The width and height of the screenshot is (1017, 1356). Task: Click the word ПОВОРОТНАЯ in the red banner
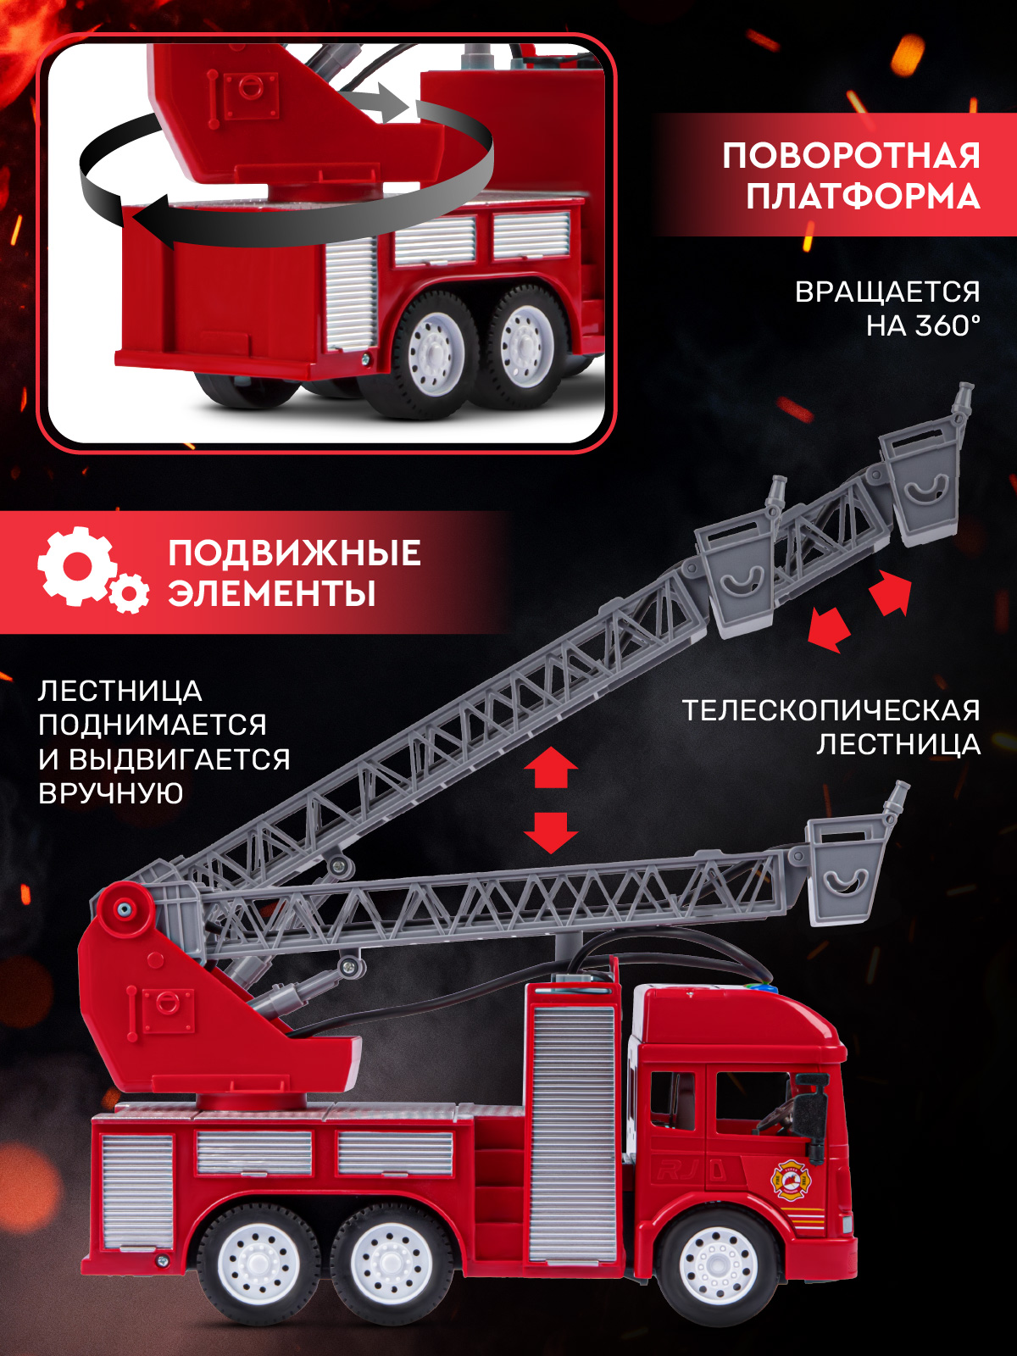pyautogui.click(x=851, y=156)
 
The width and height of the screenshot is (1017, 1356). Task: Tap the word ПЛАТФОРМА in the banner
pyautogui.click(x=863, y=197)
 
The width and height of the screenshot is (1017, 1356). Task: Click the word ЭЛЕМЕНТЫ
pyautogui.click(x=271, y=593)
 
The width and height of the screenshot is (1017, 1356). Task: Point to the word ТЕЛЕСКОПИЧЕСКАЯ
pyautogui.click(x=831, y=710)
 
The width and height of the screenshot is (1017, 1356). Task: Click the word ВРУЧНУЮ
pyautogui.click(x=110, y=793)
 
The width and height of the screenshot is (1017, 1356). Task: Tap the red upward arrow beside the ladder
pyautogui.click(x=551, y=768)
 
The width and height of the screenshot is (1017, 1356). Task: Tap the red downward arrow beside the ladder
pyautogui.click(x=551, y=832)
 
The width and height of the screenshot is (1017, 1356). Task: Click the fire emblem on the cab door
pyautogui.click(x=790, y=1181)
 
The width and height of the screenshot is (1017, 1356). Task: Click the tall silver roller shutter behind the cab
pyautogui.click(x=572, y=1131)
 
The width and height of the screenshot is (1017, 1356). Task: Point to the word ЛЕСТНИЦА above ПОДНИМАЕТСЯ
pyautogui.click(x=119, y=692)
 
